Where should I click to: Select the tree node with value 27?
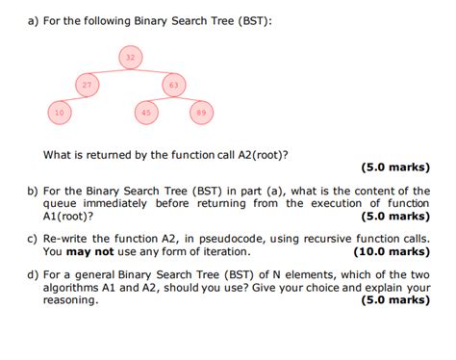87,85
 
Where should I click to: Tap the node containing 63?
174,85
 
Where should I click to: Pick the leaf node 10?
60,113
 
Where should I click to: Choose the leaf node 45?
146,113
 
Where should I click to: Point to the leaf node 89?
200,113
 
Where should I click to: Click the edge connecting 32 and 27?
109,71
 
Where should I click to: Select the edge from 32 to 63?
153,71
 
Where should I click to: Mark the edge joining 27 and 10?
73,99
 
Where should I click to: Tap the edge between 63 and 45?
161,99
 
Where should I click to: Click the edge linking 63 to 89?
188,99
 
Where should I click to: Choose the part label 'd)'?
33,272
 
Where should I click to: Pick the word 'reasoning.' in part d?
70,299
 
